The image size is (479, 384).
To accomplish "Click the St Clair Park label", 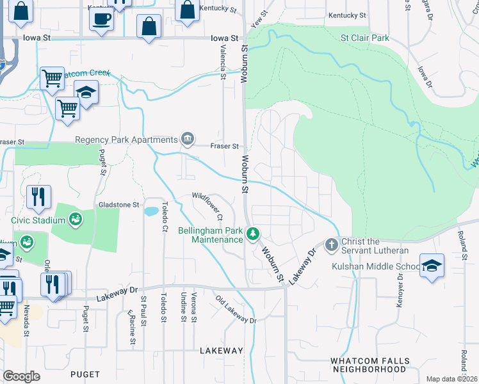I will pos(364,38).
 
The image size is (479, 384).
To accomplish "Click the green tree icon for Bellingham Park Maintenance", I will pos(254,234).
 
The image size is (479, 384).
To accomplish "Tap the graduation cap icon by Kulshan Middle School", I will pos(432,266).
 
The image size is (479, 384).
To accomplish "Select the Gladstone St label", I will pos(118,205).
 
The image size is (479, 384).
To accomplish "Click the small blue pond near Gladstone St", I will pos(151,211).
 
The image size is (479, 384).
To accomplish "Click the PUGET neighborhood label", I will pos(86,374).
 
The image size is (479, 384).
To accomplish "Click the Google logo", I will pos(22,376).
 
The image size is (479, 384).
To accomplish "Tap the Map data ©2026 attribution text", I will pos(451,379).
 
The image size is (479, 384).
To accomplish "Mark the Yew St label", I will pos(257,21).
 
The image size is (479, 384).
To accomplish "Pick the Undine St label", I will pos(184,306).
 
